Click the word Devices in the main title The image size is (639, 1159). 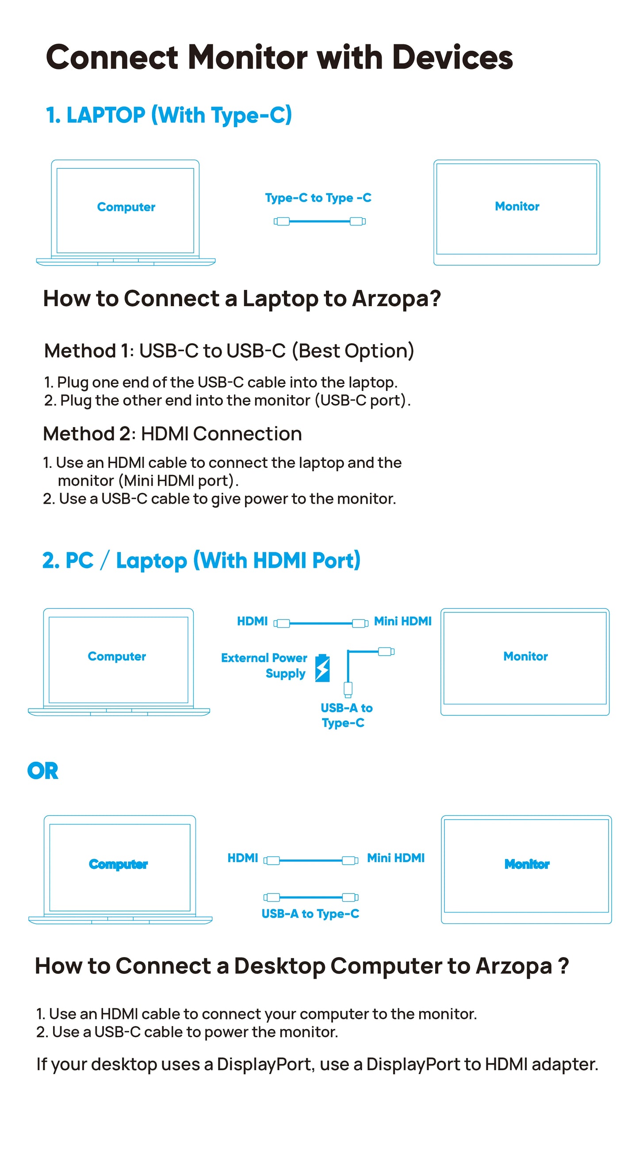click(452, 57)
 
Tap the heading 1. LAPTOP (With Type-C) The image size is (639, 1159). click(169, 115)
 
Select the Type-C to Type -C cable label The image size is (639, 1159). click(318, 198)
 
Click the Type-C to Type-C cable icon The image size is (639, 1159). click(319, 221)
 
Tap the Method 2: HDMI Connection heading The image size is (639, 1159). click(172, 434)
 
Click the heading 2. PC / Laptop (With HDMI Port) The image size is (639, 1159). click(201, 561)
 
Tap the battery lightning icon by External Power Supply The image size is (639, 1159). click(322, 668)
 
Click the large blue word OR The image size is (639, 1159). click(43, 771)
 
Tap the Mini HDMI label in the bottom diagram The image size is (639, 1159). click(395, 858)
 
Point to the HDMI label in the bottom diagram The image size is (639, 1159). click(242, 858)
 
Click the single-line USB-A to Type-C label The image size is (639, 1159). click(310, 914)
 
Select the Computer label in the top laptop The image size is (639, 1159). click(126, 207)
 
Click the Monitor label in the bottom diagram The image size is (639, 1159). click(526, 864)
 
